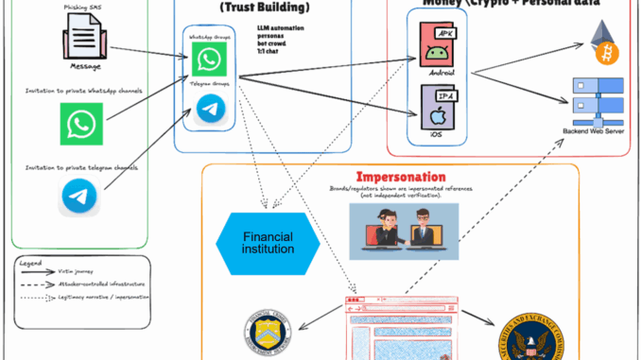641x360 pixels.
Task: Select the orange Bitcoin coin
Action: (603, 54)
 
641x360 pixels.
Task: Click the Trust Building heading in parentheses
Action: (262, 7)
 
